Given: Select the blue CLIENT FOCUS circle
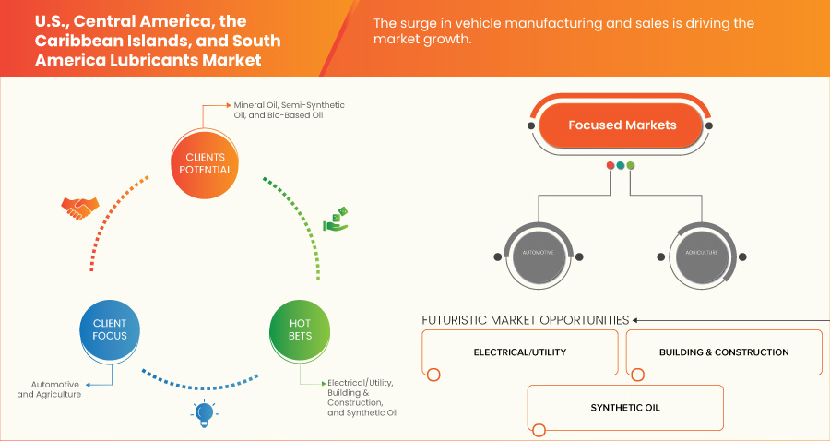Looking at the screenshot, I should [110, 329].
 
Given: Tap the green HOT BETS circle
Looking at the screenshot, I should [300, 329].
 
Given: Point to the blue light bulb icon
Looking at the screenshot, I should [204, 413].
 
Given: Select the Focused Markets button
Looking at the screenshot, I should [622, 125].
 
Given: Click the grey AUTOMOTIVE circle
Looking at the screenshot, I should [538, 251].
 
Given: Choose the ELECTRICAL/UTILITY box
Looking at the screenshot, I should [520, 352].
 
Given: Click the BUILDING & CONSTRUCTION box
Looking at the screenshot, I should [723, 352].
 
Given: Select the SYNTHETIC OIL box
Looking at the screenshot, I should [624, 408].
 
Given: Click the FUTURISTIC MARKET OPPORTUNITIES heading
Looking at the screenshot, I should [525, 320].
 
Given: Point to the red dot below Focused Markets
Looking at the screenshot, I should [611, 166].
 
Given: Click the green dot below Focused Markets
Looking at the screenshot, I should [631, 166].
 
